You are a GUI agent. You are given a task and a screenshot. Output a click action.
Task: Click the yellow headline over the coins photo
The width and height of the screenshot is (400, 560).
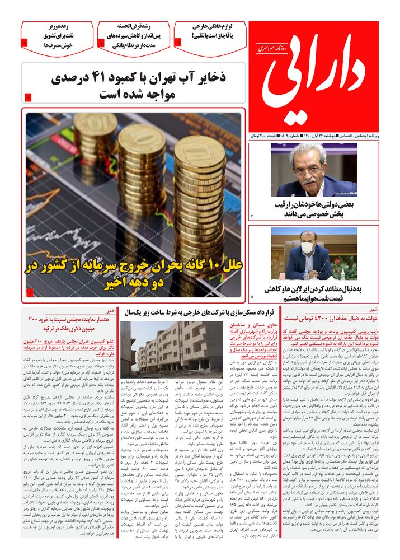click(x=133, y=273)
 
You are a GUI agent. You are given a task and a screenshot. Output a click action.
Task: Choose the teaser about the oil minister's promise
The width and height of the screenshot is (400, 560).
click(x=57, y=35)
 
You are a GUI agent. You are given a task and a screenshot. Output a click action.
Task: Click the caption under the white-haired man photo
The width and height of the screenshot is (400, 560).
click(x=317, y=209)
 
